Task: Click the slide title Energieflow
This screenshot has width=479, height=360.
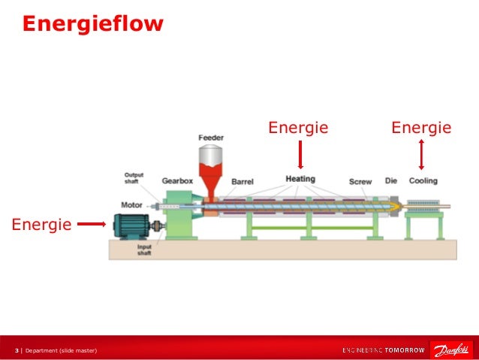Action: point(92,25)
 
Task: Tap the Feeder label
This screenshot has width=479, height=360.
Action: point(210,138)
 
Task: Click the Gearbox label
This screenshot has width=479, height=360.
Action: point(179,181)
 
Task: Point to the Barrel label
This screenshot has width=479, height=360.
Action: point(243,182)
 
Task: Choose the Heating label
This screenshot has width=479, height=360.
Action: point(300,180)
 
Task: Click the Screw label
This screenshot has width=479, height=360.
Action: point(360,182)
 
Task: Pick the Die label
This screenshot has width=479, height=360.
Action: point(391,181)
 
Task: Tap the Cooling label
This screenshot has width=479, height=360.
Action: point(423,181)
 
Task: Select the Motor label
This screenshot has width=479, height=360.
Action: point(132,204)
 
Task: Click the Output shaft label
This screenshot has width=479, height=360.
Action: point(134,179)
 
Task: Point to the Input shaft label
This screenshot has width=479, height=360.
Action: point(144,250)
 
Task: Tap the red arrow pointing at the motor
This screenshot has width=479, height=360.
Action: point(92,223)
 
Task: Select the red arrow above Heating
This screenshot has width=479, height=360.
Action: point(300,156)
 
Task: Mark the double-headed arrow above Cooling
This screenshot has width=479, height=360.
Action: point(422,156)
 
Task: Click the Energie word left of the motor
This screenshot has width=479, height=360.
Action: point(41,224)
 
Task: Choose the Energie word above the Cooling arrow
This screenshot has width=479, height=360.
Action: point(421,128)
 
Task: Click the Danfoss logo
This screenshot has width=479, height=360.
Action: point(450,349)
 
